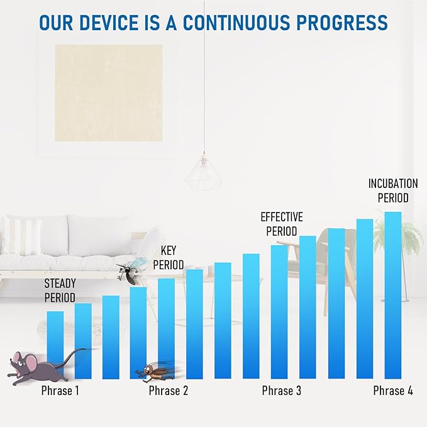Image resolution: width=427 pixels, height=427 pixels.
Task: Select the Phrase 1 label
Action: pyautogui.click(x=60, y=391)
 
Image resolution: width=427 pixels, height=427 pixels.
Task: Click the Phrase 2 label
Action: pyautogui.click(x=169, y=391)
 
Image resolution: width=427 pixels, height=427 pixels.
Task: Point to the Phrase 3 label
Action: pyautogui.click(x=282, y=391)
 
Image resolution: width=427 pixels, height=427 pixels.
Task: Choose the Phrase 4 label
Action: pyautogui.click(x=393, y=391)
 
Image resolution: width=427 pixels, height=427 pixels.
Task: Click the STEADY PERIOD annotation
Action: pyautogui.click(x=60, y=291)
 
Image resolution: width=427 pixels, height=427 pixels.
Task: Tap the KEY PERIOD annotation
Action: pyautogui.click(x=169, y=258)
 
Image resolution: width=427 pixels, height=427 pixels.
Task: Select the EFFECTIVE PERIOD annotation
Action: pyautogui.click(x=282, y=224)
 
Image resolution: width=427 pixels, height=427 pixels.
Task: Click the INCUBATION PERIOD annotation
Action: pyautogui.click(x=393, y=191)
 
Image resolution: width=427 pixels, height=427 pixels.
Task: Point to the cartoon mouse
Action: pyautogui.click(x=41, y=366)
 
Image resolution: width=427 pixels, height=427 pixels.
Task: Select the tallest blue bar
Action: pyautogui.click(x=393, y=295)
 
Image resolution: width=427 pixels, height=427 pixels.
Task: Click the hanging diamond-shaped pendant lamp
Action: pyautogui.click(x=203, y=172)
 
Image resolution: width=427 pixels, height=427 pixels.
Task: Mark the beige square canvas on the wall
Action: pyautogui.click(x=109, y=93)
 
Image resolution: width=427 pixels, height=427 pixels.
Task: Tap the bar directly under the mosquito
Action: pyautogui.click(x=138, y=333)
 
